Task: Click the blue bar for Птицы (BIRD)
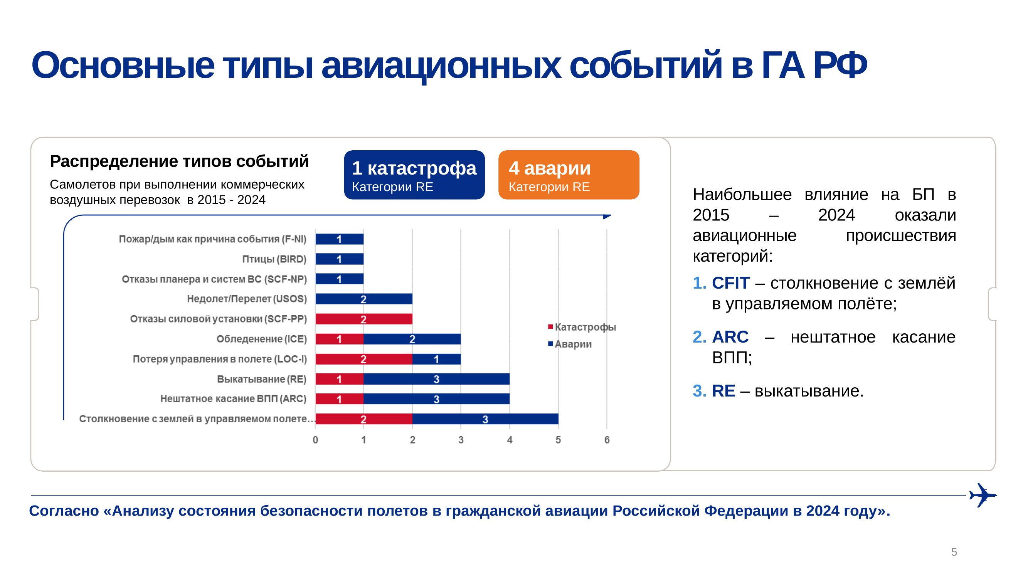click(339, 259)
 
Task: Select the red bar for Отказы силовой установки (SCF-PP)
click(363, 319)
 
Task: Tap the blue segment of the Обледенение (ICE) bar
click(412, 339)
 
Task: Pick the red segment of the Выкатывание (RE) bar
click(339, 378)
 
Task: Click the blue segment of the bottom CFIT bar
click(485, 419)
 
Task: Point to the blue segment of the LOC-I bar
click(436, 359)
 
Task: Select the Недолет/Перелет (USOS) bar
click(363, 299)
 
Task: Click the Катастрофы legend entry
click(582, 327)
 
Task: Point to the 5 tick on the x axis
click(558, 440)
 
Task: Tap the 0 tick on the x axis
click(315, 440)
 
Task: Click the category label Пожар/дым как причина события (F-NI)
click(212, 239)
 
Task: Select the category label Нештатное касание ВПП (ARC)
click(233, 398)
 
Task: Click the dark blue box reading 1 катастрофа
click(414, 175)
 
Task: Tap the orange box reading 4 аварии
click(568, 175)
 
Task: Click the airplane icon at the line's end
click(983, 495)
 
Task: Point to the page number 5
click(954, 552)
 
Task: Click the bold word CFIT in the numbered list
click(731, 283)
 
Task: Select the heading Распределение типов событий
click(179, 161)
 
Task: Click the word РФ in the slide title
click(840, 65)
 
